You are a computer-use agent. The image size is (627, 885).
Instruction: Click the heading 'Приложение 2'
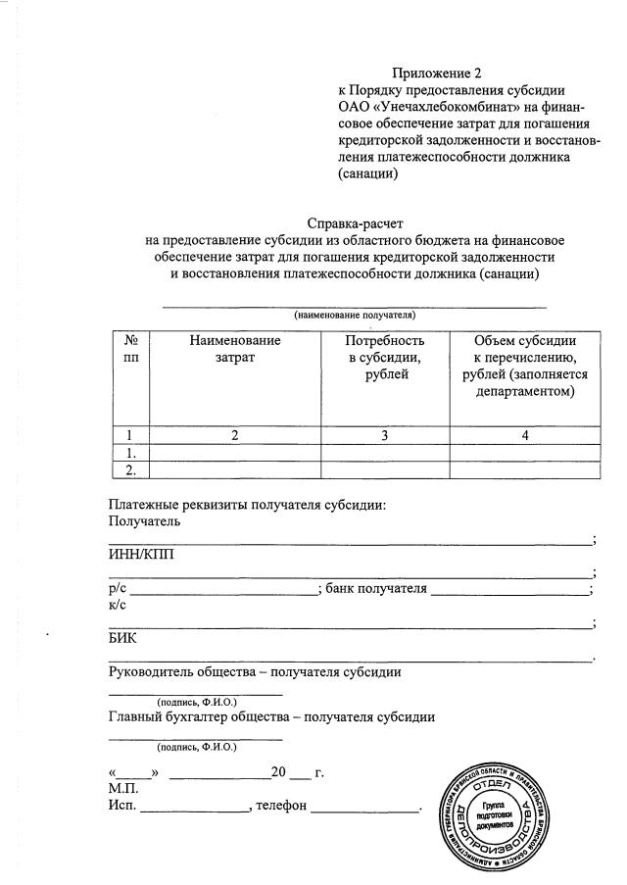[438, 73]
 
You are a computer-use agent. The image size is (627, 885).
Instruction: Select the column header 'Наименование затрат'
[235, 349]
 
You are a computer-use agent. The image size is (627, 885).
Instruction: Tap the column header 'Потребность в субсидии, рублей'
[385, 358]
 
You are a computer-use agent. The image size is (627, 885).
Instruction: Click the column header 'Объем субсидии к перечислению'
[525, 366]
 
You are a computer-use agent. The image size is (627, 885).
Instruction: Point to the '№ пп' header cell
[130, 349]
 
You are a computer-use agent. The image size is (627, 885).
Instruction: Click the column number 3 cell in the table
[385, 436]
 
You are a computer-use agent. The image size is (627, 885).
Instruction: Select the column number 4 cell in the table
[525, 436]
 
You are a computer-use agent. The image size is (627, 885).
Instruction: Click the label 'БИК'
[122, 638]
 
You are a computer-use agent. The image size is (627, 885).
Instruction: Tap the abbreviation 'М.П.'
[124, 789]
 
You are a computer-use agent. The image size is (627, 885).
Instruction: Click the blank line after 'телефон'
[364, 810]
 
